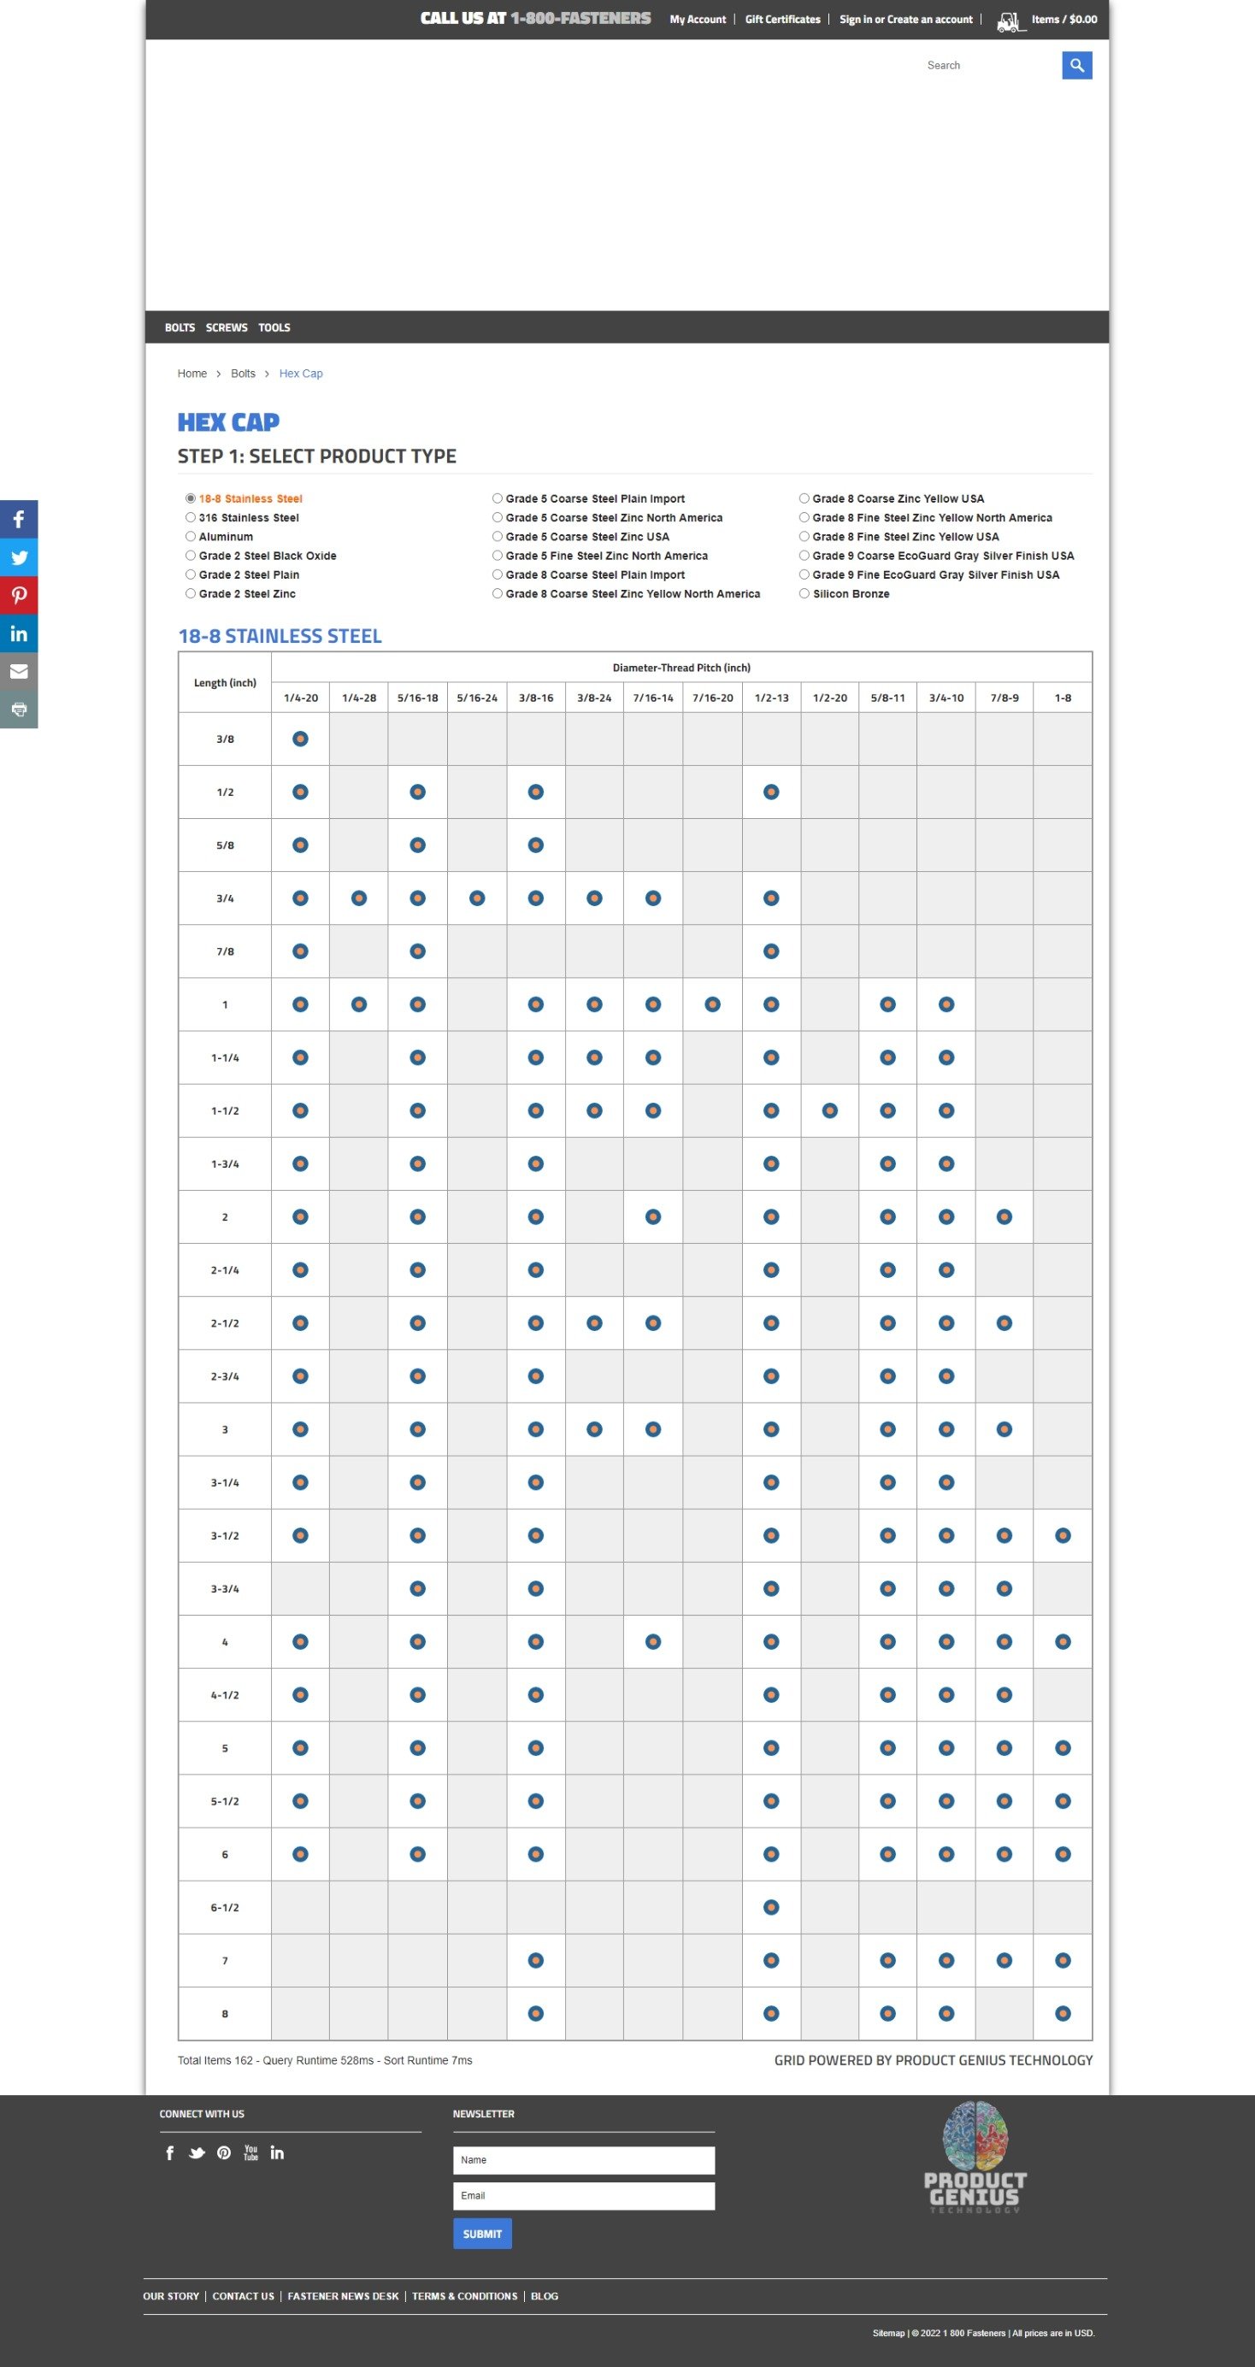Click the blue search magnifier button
(1077, 65)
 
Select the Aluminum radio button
(191, 537)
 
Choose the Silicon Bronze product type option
(804, 593)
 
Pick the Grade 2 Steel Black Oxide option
(191, 556)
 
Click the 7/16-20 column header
(712, 698)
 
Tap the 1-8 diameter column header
(1062, 698)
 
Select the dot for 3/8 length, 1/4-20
(300, 739)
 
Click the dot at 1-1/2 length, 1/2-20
(829, 1111)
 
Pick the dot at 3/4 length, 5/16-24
(477, 898)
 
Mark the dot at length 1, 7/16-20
(712, 1004)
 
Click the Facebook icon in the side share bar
(18, 519)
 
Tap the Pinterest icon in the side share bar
(18, 596)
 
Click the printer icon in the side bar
(18, 710)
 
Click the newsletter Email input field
(583, 2196)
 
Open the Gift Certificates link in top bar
(782, 20)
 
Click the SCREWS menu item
(226, 328)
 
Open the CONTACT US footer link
(244, 2296)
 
